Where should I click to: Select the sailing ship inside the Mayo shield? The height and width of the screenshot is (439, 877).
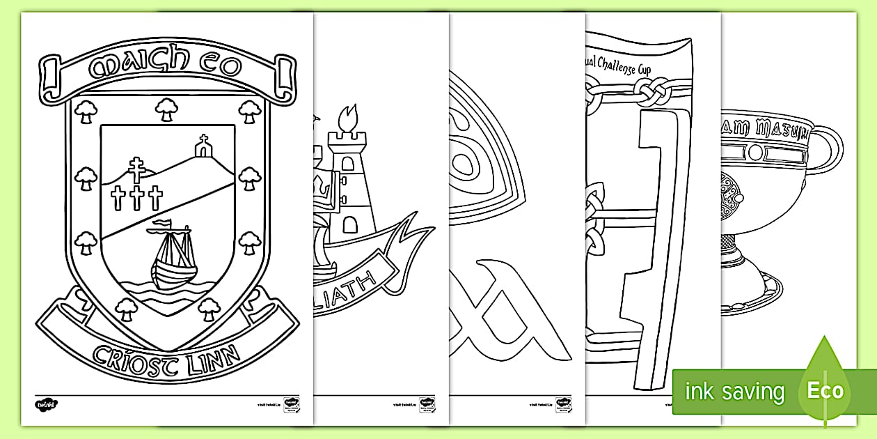(x=173, y=258)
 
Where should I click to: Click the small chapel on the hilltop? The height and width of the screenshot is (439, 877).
(x=203, y=148)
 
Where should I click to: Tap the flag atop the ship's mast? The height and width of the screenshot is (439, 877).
(x=161, y=224)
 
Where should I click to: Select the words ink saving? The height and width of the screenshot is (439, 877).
(x=734, y=392)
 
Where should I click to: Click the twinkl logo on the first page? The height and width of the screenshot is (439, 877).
(x=45, y=403)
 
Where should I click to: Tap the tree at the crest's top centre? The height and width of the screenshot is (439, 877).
(x=165, y=108)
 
